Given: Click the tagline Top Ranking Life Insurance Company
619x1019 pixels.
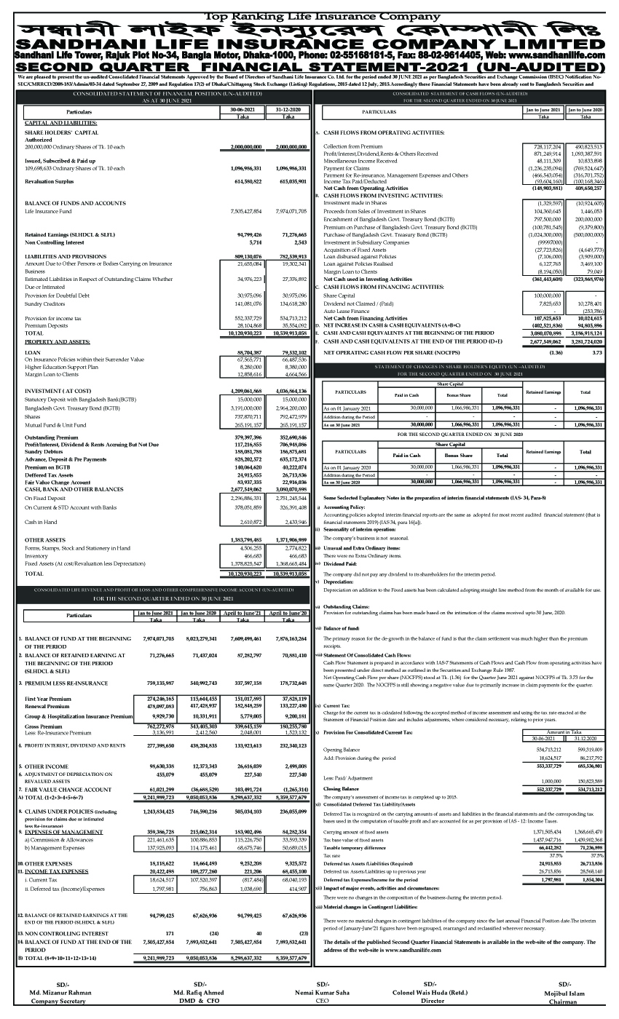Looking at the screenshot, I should [309, 15].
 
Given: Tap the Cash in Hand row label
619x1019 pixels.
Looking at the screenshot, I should [41, 521].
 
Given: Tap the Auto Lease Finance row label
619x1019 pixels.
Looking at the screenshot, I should [345, 312].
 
